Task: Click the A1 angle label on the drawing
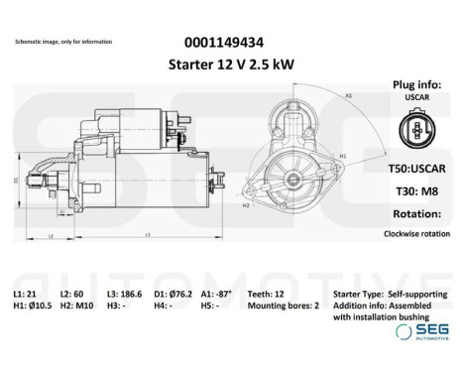pyautogui.click(x=348, y=93)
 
